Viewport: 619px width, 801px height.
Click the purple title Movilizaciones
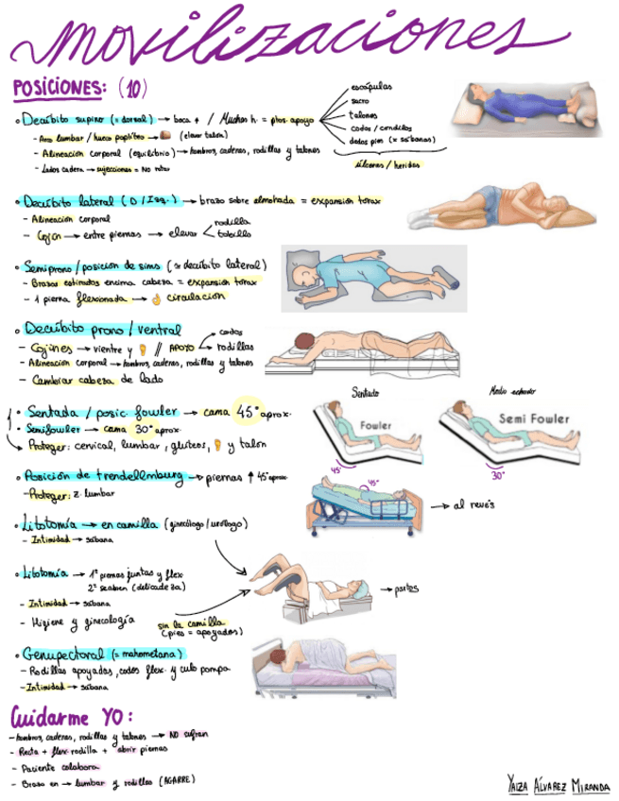pyautogui.click(x=284, y=38)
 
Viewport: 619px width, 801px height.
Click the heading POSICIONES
pyautogui.click(x=58, y=89)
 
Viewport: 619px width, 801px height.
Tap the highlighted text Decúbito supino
pyautogui.click(x=88, y=120)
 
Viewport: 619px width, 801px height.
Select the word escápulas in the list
pyautogui.click(x=370, y=87)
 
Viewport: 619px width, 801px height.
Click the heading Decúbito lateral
pyautogui.click(x=70, y=201)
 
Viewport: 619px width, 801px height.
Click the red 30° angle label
pyautogui.click(x=498, y=476)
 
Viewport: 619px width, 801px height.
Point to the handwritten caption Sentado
pyautogui.click(x=365, y=391)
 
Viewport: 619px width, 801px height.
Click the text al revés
pyautogui.click(x=474, y=505)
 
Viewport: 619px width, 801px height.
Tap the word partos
pyautogui.click(x=407, y=588)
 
